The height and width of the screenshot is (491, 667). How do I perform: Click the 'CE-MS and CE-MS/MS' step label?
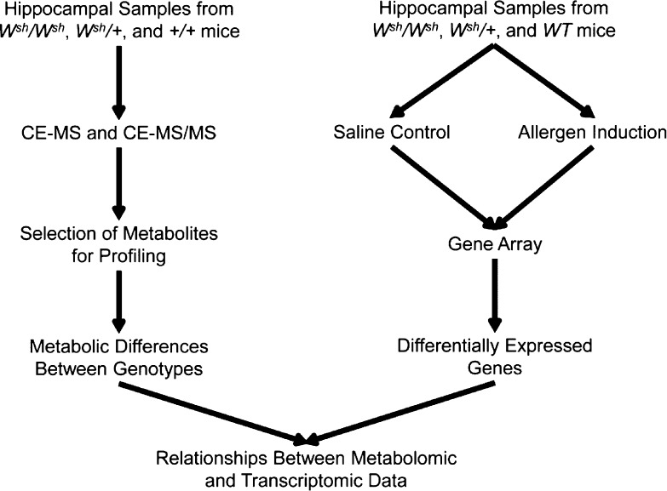(x=118, y=134)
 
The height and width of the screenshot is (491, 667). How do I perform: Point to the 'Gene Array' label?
(x=495, y=245)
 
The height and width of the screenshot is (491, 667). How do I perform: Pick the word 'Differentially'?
(x=451, y=348)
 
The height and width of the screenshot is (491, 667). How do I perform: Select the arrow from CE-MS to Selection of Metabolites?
(x=118, y=189)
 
